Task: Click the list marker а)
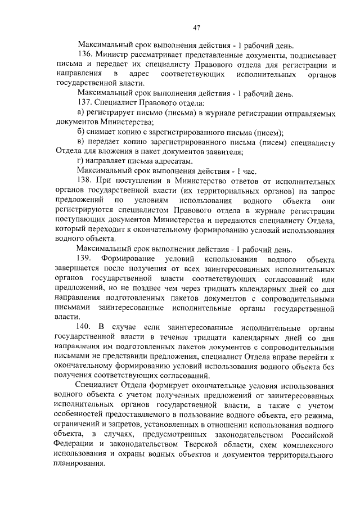coord(80,113)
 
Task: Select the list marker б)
coord(80,132)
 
